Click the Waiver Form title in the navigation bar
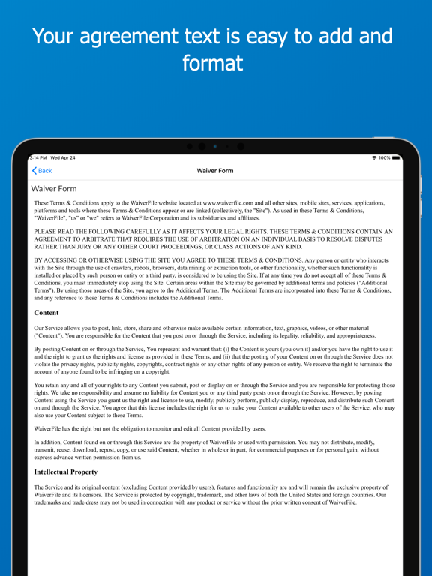pyautogui.click(x=215, y=171)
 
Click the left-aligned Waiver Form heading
pyautogui.click(x=54, y=189)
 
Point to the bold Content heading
pyautogui.click(x=46, y=312)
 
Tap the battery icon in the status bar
pyautogui.click(x=396, y=157)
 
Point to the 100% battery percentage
pyautogui.click(x=385, y=157)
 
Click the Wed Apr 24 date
pyautogui.click(x=63, y=157)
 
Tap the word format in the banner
pyautogui.click(x=215, y=63)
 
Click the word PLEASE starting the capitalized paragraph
pyautogui.click(x=48, y=232)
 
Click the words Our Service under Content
pyautogui.click(x=52, y=328)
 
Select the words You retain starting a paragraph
pyautogui.click(x=51, y=385)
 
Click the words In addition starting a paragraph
pyautogui.click(x=51, y=442)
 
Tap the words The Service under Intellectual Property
pyautogui.click(x=52, y=487)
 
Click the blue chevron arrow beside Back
pyautogui.click(x=34, y=171)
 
